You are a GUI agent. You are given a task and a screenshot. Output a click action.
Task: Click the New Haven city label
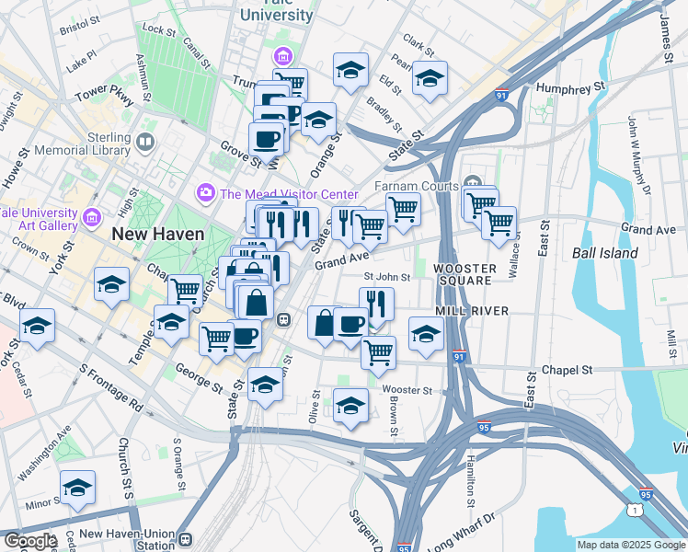pos(157,234)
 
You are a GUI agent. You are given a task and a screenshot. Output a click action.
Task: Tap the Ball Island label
pos(604,252)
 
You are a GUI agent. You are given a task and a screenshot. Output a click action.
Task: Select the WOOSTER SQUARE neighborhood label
pos(464,275)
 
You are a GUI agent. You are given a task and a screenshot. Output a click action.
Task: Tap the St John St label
pos(386,276)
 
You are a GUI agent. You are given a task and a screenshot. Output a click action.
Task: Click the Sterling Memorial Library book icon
pos(144,142)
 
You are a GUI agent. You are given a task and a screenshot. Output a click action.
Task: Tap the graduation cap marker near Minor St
pos(78,488)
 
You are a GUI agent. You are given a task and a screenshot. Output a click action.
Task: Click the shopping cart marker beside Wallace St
pos(499,222)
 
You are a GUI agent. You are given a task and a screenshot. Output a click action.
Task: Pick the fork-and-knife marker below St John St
pos(376,303)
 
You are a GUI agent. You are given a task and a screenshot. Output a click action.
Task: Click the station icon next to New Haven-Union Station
pos(186,538)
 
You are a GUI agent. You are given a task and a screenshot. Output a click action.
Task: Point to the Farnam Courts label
pos(417,186)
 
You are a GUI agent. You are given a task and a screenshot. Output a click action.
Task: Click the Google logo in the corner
pos(30,541)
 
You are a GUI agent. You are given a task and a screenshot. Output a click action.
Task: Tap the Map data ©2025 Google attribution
pos(631,545)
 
